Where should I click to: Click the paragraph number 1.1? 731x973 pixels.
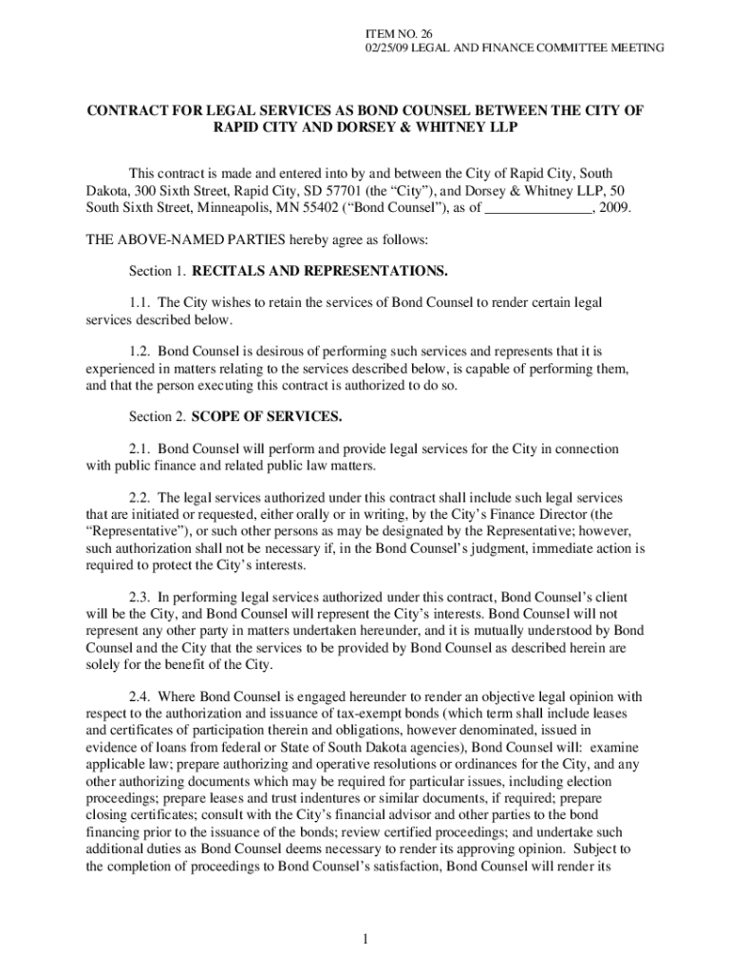click(141, 302)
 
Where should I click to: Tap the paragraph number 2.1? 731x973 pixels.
click(141, 448)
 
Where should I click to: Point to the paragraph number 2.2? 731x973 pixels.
click(141, 498)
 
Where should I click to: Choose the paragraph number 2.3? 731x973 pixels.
click(141, 598)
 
